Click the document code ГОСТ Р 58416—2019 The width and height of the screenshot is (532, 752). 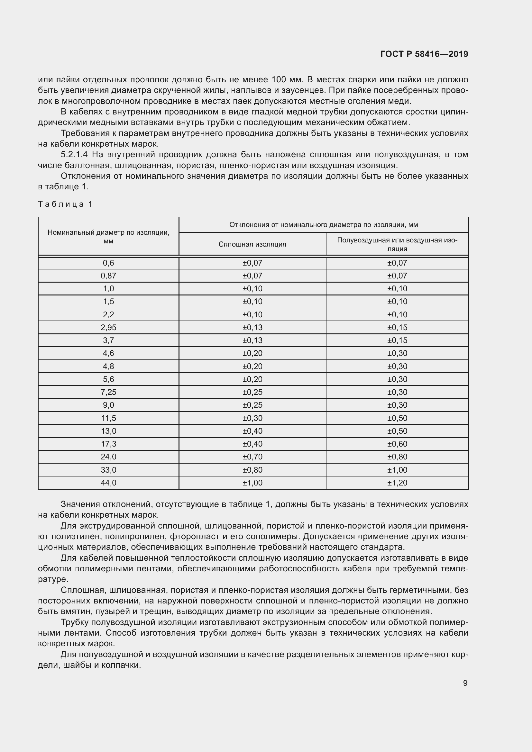pos(424,54)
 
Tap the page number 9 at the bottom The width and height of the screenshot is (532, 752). pos(465,683)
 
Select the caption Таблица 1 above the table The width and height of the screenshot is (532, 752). pos(66,204)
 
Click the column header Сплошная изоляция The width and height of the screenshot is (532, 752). pos(252,244)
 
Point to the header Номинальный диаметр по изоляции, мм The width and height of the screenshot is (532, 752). pos(108,237)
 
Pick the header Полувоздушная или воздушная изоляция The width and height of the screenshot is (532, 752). pos(397,244)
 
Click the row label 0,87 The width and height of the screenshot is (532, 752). pos(108,276)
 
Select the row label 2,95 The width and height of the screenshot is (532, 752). pos(108,328)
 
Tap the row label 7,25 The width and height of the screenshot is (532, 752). pos(108,392)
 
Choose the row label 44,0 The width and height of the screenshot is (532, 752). pos(108,483)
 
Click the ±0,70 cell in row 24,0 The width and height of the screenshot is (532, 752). pos(252,457)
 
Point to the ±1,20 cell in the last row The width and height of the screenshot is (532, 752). pos(397,483)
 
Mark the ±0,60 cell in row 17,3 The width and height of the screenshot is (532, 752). pos(397,444)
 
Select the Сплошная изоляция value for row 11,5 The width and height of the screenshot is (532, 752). pos(252,418)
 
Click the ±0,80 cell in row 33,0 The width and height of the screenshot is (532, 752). pos(252,470)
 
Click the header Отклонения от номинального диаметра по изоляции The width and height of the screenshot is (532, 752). pos(323,225)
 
